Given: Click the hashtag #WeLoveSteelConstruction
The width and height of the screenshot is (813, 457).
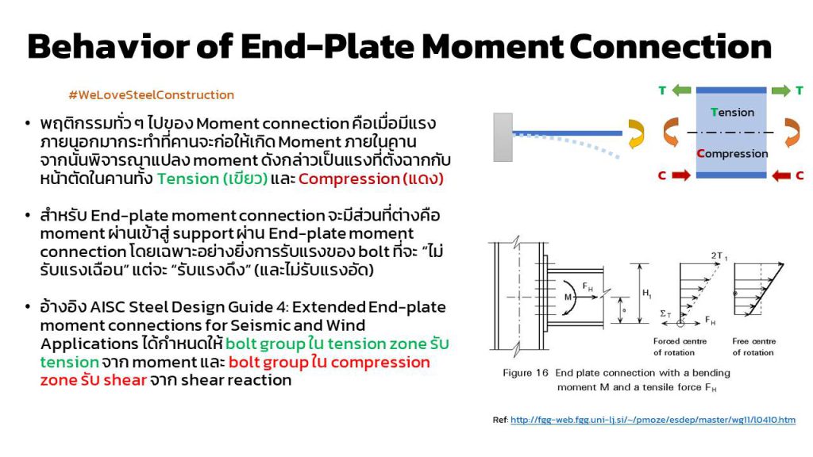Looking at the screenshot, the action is tap(152, 95).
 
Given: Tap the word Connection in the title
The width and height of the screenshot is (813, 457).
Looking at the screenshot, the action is tap(670, 46).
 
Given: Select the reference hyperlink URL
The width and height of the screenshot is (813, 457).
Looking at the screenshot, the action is tap(653, 420).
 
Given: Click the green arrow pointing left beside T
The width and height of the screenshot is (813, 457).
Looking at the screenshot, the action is tap(682, 90).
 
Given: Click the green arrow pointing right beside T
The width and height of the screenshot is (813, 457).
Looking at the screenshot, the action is tap(781, 90).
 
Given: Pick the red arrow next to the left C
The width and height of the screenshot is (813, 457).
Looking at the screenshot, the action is tap(681, 175).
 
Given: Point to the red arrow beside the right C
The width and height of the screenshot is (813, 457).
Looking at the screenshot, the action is tap(781, 176).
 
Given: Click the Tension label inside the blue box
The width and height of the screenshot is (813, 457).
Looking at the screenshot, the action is tap(732, 113).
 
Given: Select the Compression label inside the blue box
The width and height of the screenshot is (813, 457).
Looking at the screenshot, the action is tap(732, 153).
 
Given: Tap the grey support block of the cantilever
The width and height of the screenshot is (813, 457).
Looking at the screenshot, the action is tap(503, 137).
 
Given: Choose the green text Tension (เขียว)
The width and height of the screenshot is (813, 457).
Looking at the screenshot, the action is tap(212, 179).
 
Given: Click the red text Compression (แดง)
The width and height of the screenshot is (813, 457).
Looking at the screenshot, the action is tap(371, 179).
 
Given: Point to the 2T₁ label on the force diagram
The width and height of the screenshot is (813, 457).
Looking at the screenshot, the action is tap(719, 256).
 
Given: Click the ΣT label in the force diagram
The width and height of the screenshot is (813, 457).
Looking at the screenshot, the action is tap(665, 314).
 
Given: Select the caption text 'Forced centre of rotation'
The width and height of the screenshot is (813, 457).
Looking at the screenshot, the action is tap(680, 347).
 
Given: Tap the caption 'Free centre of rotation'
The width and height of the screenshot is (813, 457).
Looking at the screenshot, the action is tap(754, 347).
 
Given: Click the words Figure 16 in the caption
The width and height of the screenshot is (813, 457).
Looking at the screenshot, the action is tap(526, 373).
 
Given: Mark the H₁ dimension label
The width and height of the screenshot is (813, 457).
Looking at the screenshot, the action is tap(646, 294).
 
